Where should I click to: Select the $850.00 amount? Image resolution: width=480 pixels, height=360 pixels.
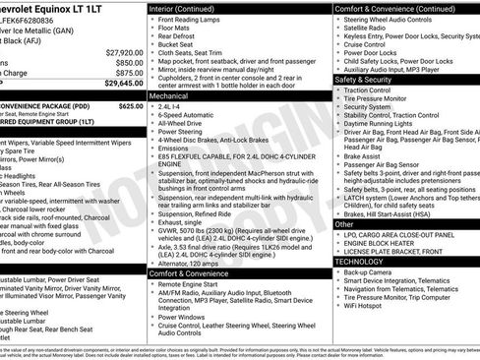point(129,62)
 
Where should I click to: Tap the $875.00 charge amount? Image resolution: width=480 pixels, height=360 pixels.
point(129,73)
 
